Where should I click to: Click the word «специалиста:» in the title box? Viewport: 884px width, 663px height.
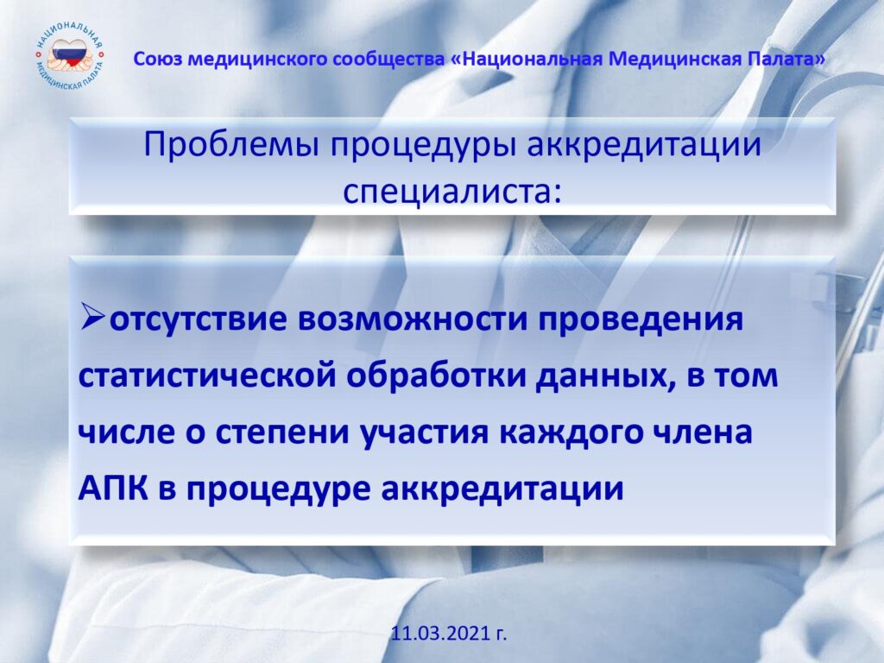(452, 192)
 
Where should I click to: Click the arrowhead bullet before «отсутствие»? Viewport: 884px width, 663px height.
(92, 315)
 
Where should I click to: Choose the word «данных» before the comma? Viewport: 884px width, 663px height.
(602, 377)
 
